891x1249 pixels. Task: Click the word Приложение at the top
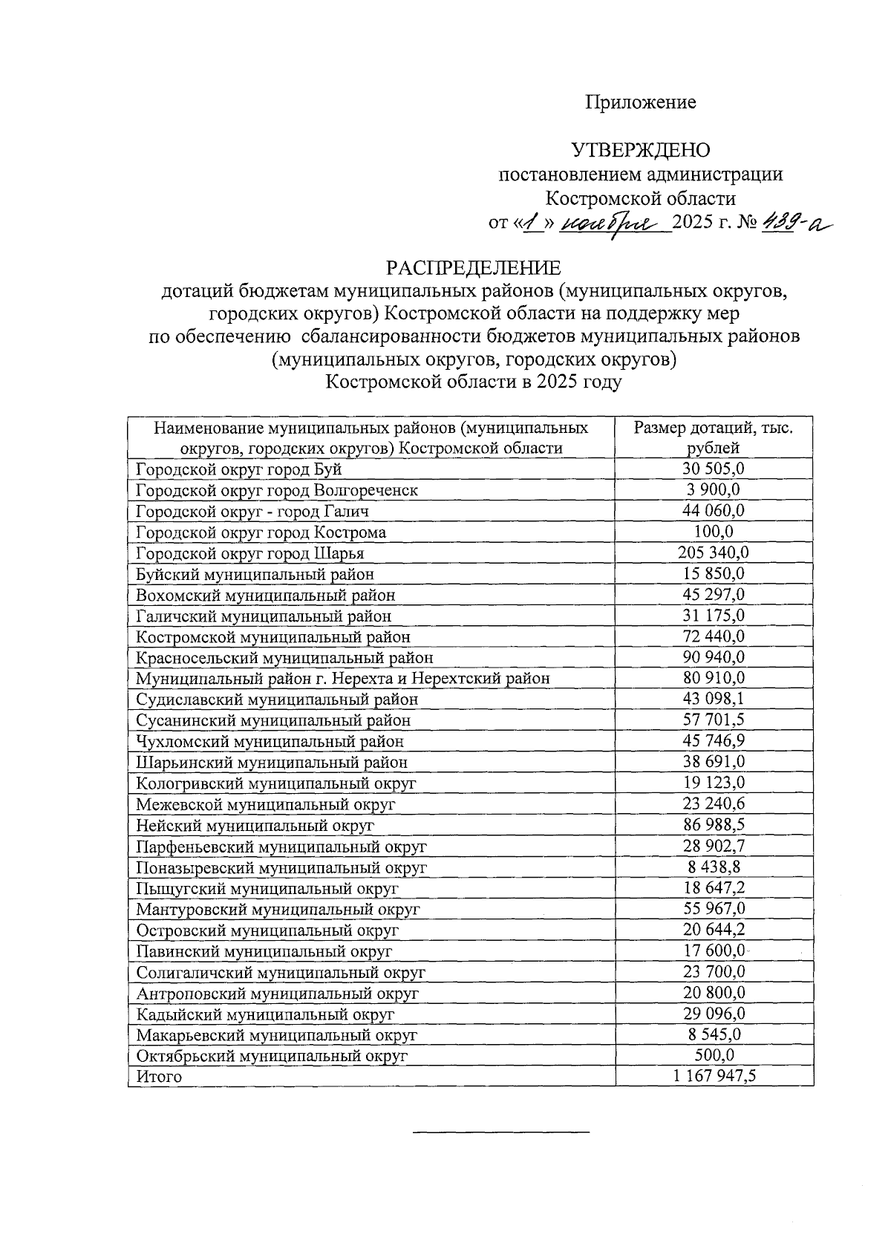point(641,102)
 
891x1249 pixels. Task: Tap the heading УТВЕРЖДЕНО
point(640,151)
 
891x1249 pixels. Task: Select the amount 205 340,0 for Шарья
point(714,552)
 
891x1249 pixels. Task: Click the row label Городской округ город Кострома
point(261,532)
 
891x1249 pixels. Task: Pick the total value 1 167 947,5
point(714,1076)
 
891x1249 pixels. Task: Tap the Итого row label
point(159,1077)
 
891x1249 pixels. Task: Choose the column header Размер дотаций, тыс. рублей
point(714,438)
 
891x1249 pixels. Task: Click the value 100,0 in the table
point(714,532)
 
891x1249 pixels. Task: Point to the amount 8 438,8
point(714,867)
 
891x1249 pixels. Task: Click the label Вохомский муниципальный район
point(265,596)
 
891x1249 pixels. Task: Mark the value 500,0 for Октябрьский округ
point(714,1055)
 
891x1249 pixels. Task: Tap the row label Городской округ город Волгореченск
point(276,491)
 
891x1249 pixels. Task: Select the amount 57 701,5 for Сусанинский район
point(714,720)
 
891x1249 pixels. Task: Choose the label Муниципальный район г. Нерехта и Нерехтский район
point(342,679)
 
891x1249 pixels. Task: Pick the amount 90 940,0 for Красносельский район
point(714,657)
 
